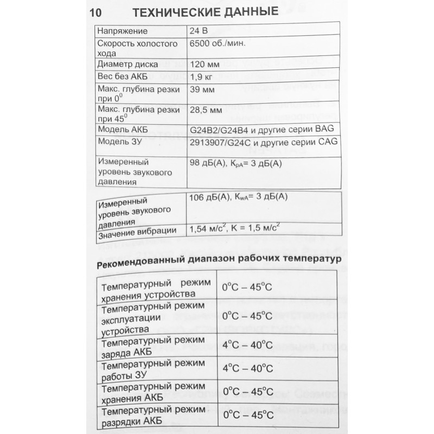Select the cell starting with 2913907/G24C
pyautogui.click(x=264, y=142)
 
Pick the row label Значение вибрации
pyautogui.click(x=138, y=232)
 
